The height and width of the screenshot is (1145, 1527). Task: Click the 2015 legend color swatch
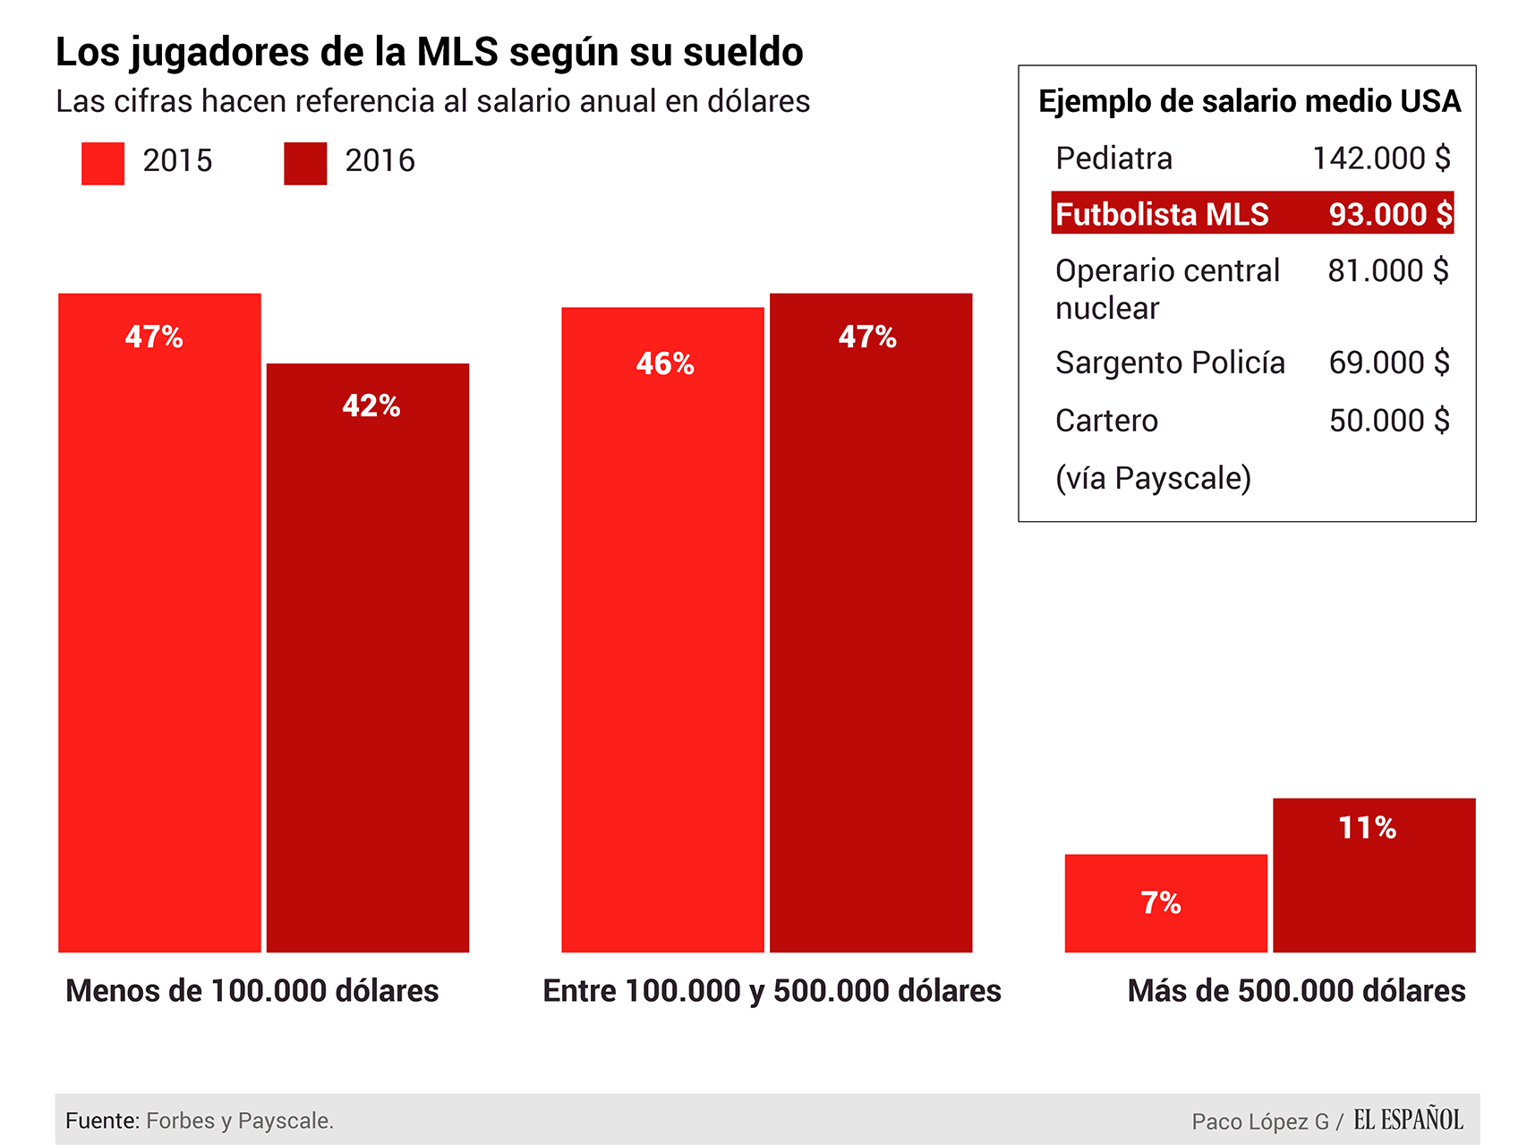(x=103, y=164)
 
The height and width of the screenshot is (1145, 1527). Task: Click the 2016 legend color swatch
(x=305, y=164)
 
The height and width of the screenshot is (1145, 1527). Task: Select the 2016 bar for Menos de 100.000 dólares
(x=368, y=658)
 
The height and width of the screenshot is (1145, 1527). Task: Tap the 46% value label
(x=665, y=363)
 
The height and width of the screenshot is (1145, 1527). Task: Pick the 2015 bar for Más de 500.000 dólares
(x=1165, y=903)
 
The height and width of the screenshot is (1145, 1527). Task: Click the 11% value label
(x=1367, y=827)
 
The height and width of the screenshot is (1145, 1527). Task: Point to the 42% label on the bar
(x=371, y=406)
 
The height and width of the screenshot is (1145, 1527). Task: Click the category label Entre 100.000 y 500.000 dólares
(x=772, y=991)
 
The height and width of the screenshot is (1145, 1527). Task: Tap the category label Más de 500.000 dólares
(x=1296, y=991)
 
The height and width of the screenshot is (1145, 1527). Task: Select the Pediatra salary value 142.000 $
(x=1380, y=158)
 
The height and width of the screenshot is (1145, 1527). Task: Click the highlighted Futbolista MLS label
(x=1162, y=215)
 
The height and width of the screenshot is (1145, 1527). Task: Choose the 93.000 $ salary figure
(x=1390, y=215)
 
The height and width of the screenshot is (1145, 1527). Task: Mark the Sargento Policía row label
(x=1170, y=363)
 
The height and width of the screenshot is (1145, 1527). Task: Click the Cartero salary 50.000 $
(x=1388, y=420)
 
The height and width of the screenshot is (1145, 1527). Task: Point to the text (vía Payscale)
(x=1153, y=478)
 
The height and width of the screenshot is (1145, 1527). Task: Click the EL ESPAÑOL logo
(x=1408, y=1120)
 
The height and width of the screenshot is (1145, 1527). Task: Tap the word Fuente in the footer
(x=102, y=1121)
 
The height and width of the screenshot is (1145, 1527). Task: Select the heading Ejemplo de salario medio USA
(x=1250, y=101)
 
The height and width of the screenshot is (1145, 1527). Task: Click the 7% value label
(x=1160, y=902)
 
